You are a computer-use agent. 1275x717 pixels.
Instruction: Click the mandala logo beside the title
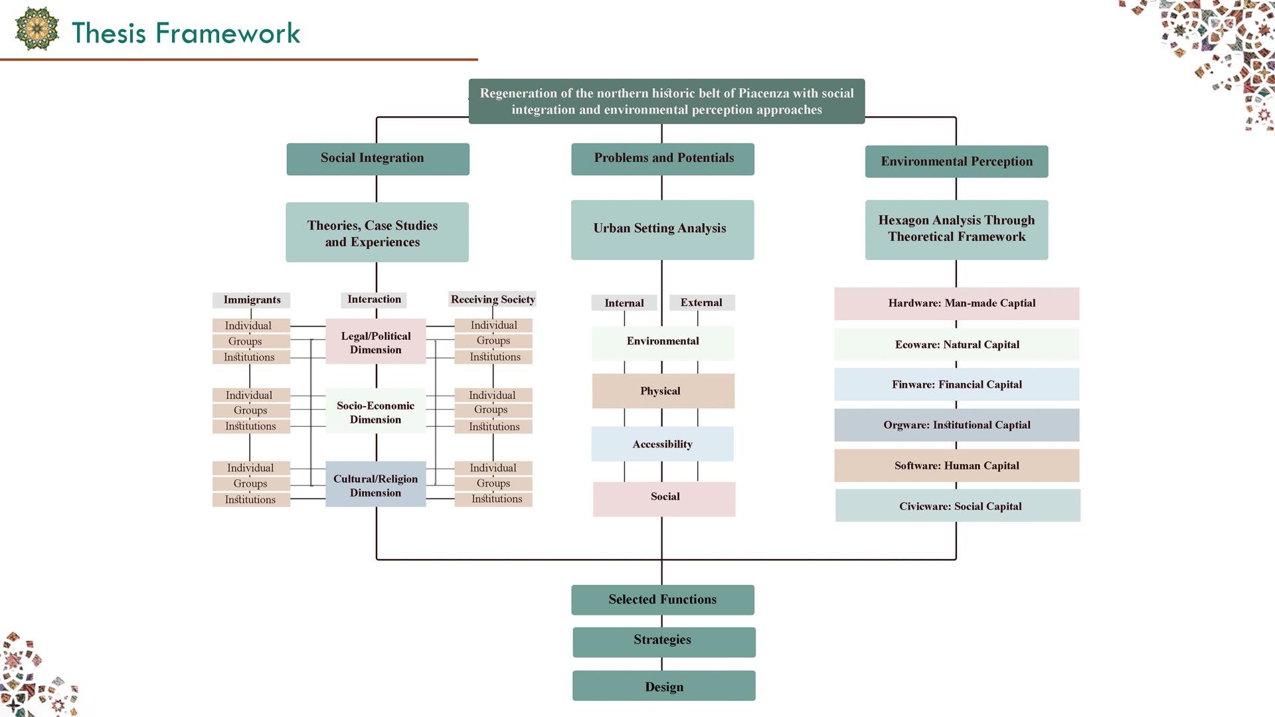[37, 29]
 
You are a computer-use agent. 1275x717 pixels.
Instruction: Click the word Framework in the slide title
[228, 33]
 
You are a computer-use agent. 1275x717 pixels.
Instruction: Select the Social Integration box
[377, 159]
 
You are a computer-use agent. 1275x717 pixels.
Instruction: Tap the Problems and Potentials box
[662, 159]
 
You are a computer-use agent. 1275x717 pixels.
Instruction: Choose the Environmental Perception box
[956, 161]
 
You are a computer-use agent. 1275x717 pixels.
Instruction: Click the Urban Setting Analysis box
[662, 229]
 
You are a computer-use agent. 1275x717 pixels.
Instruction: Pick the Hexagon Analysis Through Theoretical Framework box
[956, 229]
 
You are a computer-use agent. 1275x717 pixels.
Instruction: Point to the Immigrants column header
[252, 300]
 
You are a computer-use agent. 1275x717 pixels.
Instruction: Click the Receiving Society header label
[493, 299]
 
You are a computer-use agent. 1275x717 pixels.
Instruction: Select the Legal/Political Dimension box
[376, 342]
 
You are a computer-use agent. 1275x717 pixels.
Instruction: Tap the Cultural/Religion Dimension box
[376, 485]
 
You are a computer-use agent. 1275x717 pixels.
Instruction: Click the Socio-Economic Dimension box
[376, 412]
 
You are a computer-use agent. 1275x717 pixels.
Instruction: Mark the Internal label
[624, 303]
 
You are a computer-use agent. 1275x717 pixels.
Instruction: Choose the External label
[701, 303]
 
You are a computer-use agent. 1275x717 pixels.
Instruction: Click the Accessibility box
[662, 444]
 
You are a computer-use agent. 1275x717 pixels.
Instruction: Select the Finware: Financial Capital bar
[956, 384]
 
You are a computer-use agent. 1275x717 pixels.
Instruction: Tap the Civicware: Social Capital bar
[958, 506]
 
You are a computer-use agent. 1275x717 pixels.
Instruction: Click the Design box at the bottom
[663, 686]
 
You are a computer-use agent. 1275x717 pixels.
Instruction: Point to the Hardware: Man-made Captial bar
[956, 303]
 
